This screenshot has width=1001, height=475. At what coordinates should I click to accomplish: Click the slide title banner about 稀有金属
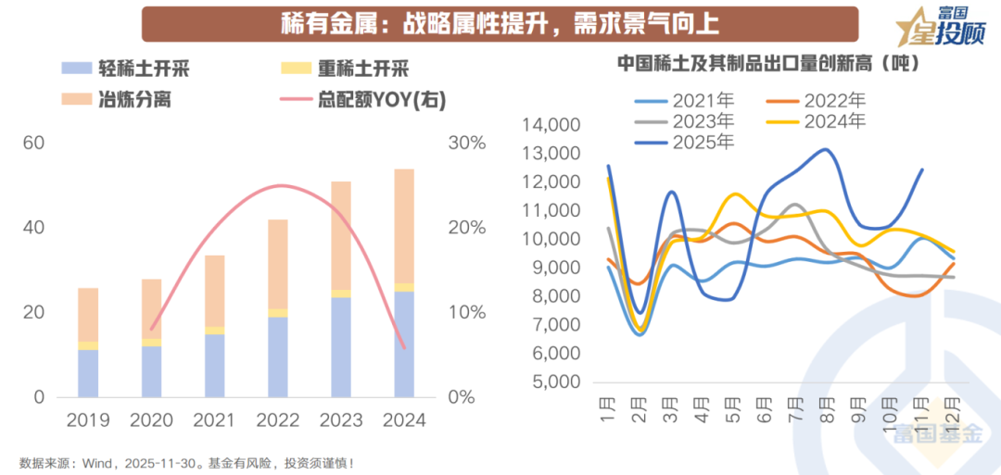pos(500,23)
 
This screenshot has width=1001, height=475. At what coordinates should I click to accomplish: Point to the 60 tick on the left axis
pos(34,144)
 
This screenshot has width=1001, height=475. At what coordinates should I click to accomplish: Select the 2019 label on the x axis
pos(88,419)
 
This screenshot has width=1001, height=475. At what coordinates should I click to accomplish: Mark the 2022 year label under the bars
pos(277,419)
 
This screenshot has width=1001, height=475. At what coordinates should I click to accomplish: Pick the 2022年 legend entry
pos(816,100)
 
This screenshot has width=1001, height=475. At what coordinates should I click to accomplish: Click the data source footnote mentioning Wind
pos(186,462)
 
